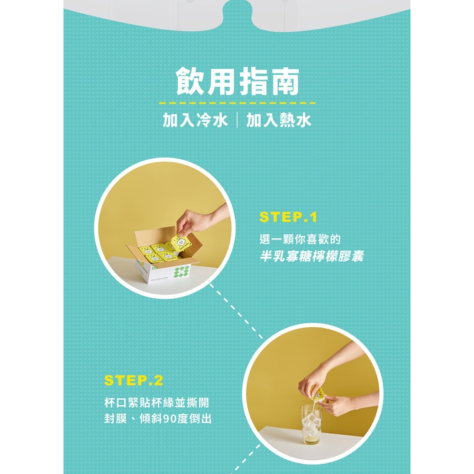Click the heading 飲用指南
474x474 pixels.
[237, 81]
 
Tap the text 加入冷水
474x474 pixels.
[195, 120]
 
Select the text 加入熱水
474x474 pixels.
[279, 120]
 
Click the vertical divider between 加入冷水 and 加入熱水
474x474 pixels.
[237, 120]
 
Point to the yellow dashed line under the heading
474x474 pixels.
[237, 103]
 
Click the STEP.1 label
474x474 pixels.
[288, 217]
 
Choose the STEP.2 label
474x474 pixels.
[133, 381]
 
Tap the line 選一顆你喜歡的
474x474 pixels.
[300, 239]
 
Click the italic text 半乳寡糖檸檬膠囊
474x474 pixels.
[312, 256]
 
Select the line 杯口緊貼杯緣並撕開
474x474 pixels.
[156, 402]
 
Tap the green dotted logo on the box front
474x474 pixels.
[182, 272]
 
